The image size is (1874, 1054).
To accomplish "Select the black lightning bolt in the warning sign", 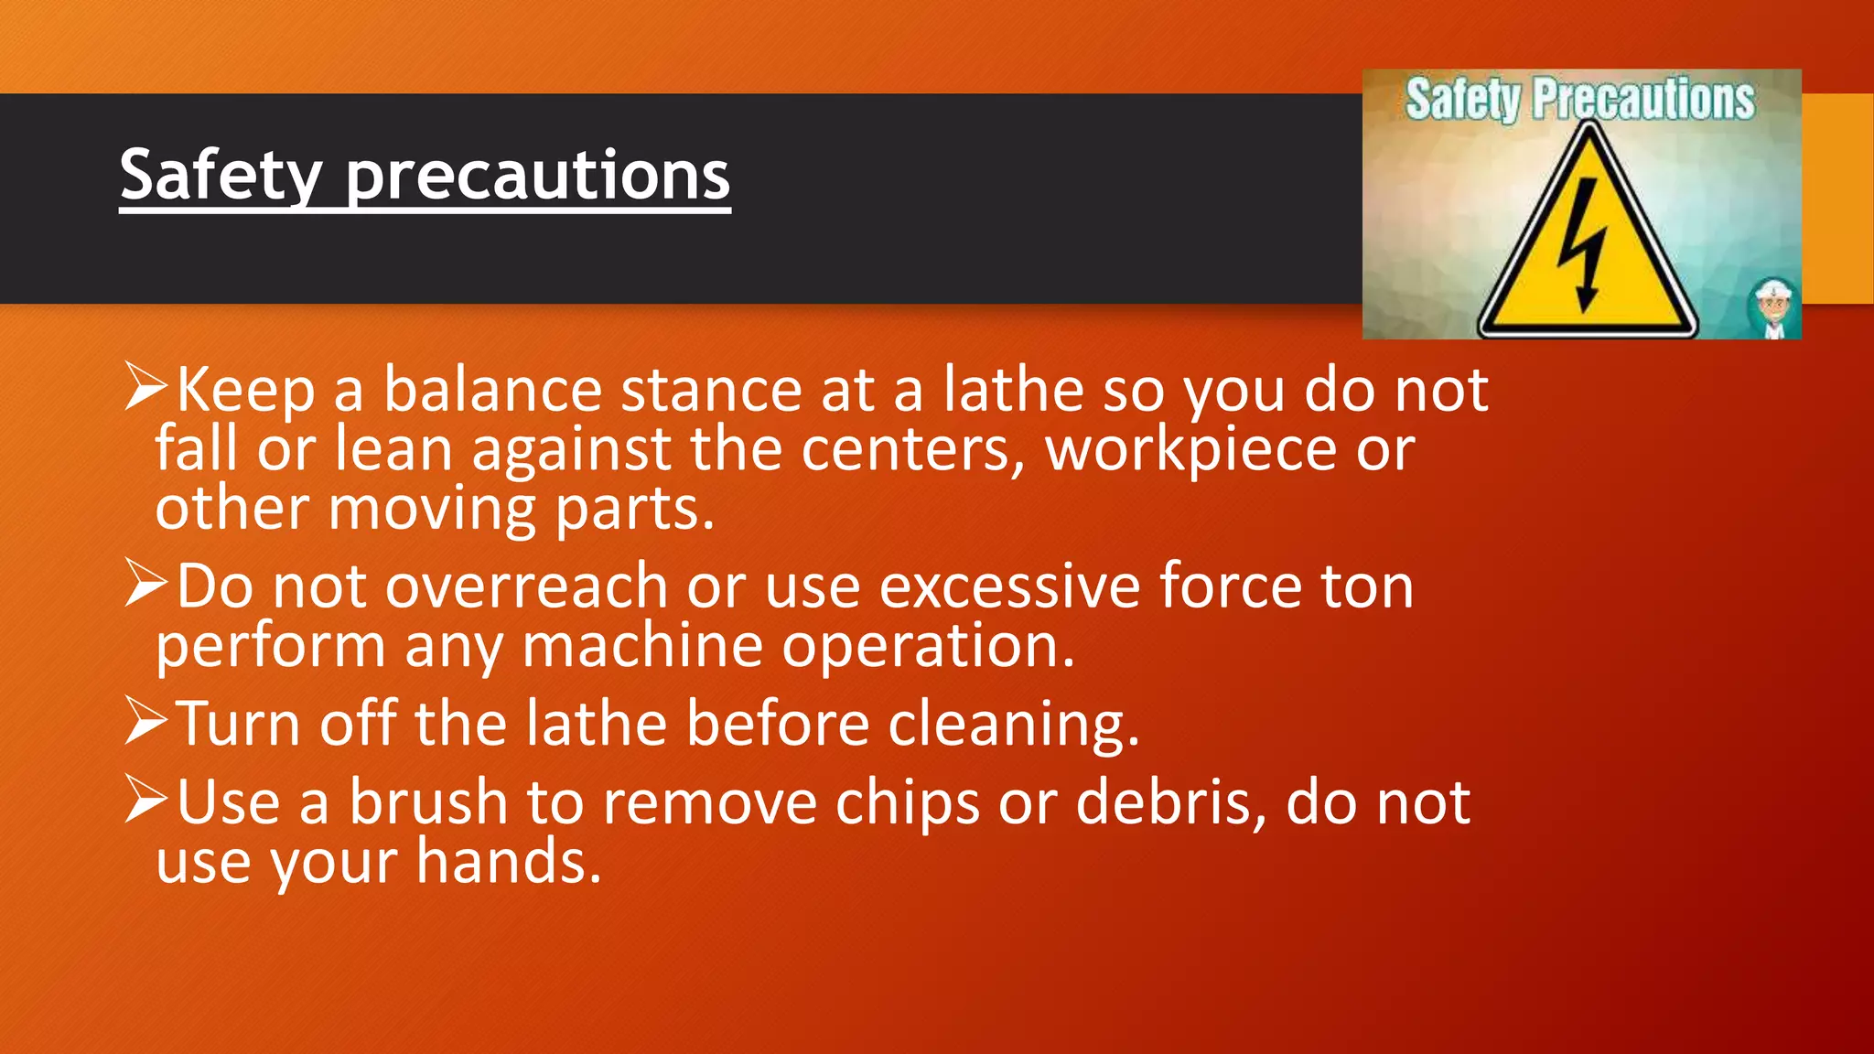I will (x=1583, y=244).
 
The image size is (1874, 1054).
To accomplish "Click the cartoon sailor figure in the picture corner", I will (x=1773, y=309).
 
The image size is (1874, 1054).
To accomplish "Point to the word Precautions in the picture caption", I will (x=1643, y=99).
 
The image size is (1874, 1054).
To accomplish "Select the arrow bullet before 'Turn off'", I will (x=146, y=721).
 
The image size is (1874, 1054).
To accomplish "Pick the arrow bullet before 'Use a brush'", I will (x=146, y=800).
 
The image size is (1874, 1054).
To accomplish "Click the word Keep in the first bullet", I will (x=245, y=391).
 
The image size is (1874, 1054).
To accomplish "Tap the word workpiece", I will (x=1191, y=450).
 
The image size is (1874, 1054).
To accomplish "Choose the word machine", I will (x=642, y=646).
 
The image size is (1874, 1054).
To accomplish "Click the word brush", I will (x=428, y=803).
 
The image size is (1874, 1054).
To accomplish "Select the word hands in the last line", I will (x=509, y=862).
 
